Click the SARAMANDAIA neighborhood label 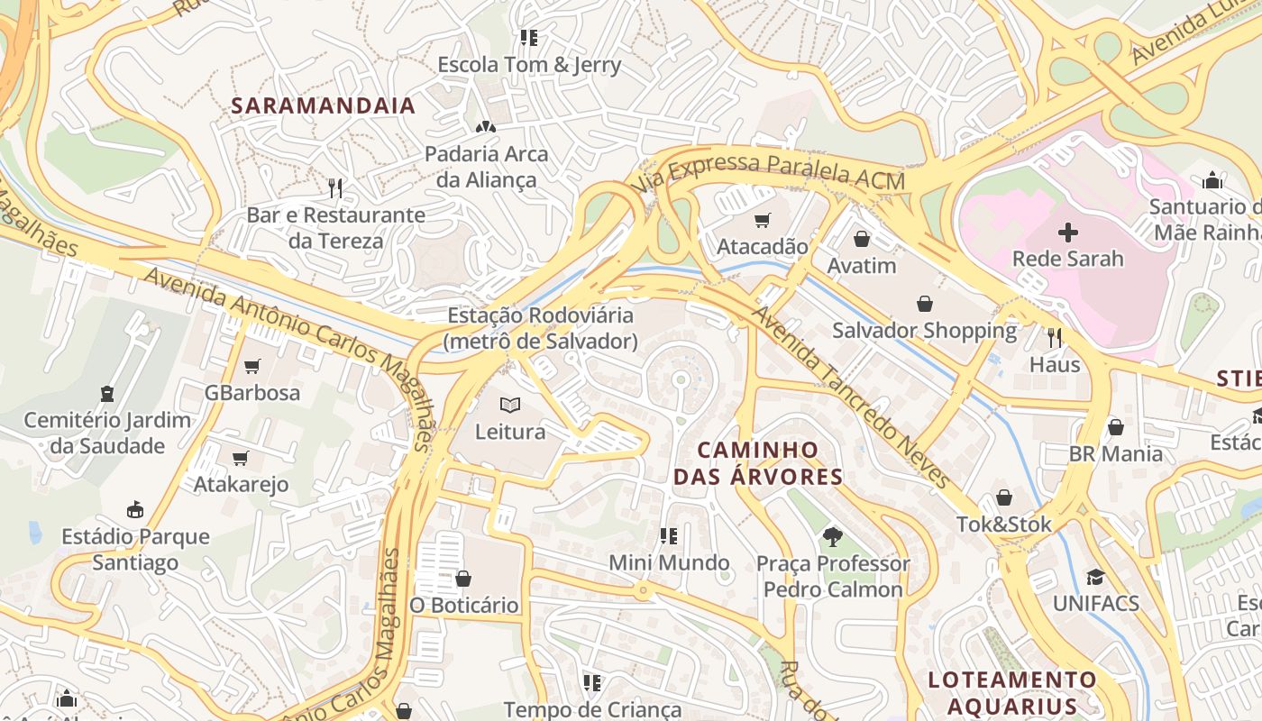tap(323, 105)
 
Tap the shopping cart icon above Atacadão tap(763, 220)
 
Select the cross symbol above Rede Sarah tap(1067, 233)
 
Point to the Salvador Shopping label tap(924, 331)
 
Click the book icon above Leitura tap(510, 406)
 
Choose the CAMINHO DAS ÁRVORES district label tap(758, 463)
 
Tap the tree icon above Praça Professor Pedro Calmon tap(832, 537)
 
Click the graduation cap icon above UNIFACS tap(1095, 577)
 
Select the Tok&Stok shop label tap(1003, 524)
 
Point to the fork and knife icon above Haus tap(1054, 338)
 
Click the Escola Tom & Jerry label tap(529, 65)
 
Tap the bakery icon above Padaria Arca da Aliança tap(485, 127)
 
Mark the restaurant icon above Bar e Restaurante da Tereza tap(335, 188)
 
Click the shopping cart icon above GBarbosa tap(251, 366)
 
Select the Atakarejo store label tap(241, 484)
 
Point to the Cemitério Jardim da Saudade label tap(107, 433)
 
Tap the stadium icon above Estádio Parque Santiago tap(135, 510)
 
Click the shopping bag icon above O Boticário tap(463, 578)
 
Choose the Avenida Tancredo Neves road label tap(852, 397)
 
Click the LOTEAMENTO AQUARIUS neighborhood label tap(1012, 693)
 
